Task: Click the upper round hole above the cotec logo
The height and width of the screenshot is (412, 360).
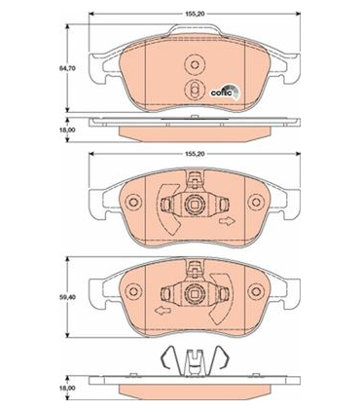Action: (195, 64)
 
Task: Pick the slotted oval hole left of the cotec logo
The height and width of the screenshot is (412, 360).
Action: (195, 89)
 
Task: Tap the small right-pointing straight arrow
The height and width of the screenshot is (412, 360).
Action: (227, 222)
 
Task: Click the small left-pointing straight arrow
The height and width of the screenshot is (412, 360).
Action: (163, 312)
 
